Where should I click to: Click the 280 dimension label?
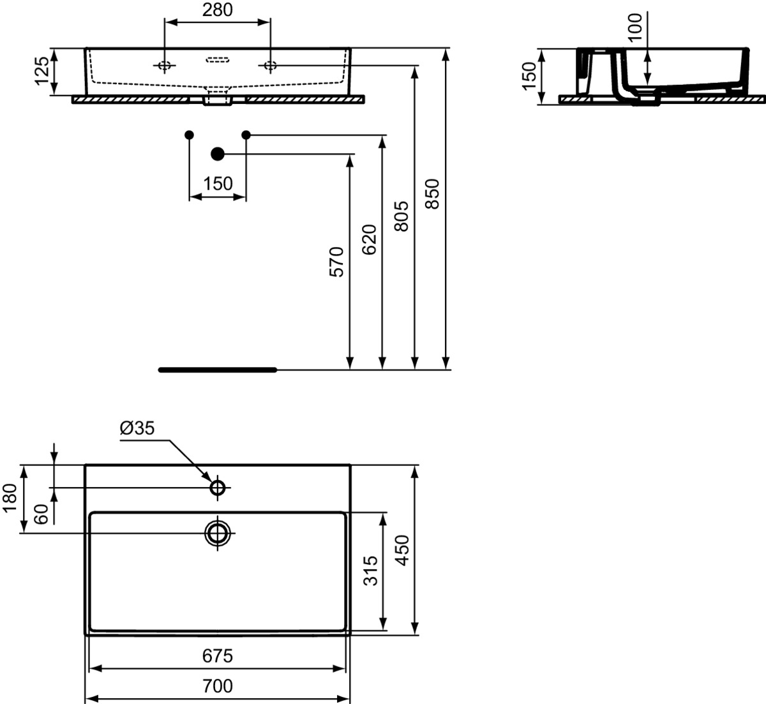point(217,10)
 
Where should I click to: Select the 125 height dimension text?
point(41,71)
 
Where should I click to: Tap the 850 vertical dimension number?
point(432,193)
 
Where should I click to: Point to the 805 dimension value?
point(401,216)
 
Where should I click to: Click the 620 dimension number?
point(369,239)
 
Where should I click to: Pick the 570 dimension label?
point(337,262)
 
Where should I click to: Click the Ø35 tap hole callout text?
point(137,428)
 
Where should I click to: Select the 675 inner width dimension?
point(217,656)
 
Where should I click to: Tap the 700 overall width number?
point(217,686)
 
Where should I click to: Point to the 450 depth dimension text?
point(402,550)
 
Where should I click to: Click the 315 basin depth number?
point(370,571)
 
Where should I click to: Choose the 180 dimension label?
point(10,498)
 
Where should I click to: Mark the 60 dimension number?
point(41,514)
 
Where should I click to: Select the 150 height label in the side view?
point(529,76)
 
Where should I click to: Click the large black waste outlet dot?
point(218,154)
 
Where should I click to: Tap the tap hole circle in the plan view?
point(218,488)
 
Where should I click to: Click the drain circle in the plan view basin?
point(218,533)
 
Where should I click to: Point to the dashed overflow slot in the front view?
point(218,59)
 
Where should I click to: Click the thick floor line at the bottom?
point(218,370)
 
